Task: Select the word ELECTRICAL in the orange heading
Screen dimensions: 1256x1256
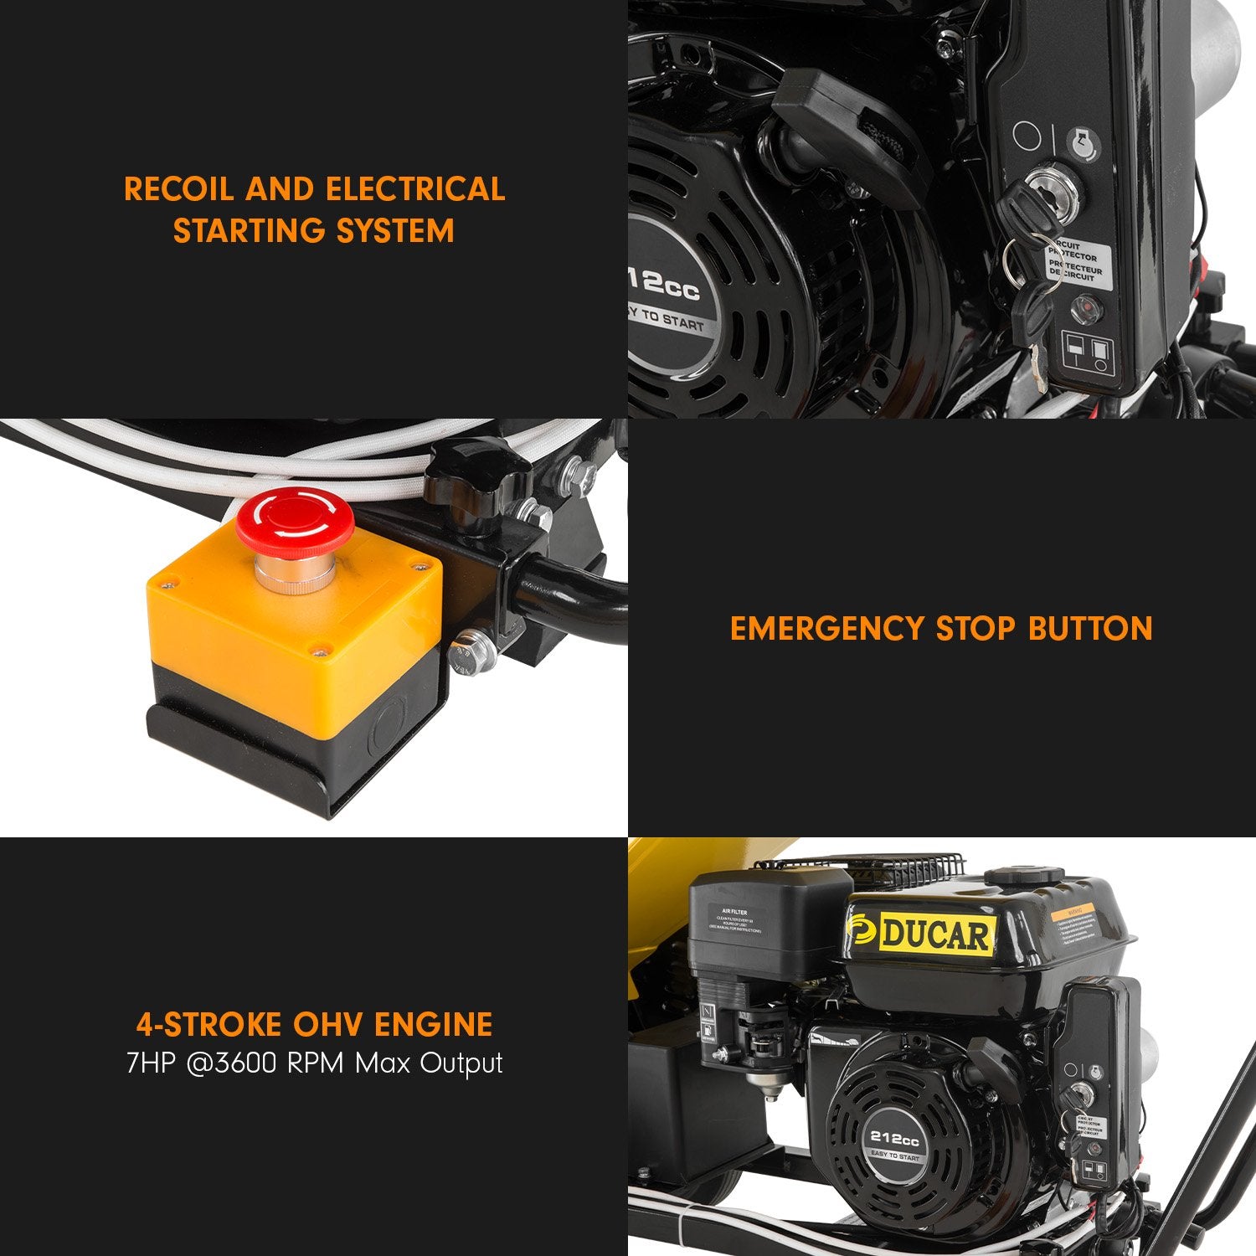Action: [415, 189]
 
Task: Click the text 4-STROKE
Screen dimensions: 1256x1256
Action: [208, 1025]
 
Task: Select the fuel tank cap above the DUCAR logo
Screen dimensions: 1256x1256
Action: [1023, 876]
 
